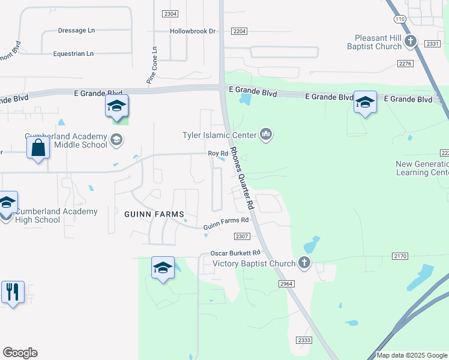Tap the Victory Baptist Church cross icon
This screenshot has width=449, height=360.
point(305,263)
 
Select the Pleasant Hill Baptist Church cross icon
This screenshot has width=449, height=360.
point(411,41)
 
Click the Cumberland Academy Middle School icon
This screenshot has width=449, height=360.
point(116,140)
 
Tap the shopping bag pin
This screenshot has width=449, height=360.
point(38,148)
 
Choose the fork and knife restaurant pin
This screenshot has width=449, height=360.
point(13,292)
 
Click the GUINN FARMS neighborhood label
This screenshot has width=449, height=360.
point(153,214)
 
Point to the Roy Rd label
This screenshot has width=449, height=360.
point(218,154)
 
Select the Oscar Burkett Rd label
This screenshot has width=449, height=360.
point(235,253)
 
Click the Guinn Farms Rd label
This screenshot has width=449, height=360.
point(226,224)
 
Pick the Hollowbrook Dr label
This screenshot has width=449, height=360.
point(192,31)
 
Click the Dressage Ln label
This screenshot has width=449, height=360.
point(76,30)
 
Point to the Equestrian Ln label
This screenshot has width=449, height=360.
point(73,53)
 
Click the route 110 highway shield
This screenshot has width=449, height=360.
point(400,19)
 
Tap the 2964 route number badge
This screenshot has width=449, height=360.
point(285,283)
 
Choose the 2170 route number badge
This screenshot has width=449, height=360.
point(400,256)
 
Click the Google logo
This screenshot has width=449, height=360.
point(20,353)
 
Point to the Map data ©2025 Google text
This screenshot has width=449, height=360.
point(412,355)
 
